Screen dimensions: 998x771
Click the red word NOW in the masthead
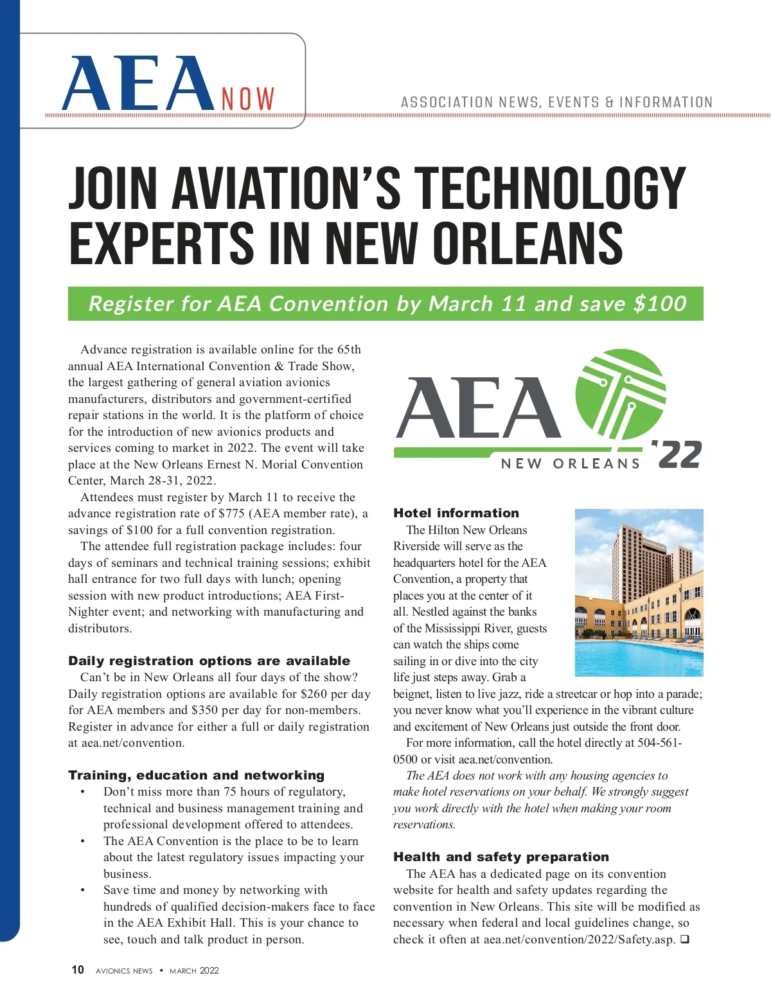point(248,100)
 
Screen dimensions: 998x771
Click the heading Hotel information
point(456,513)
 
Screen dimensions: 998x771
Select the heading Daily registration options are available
point(209,661)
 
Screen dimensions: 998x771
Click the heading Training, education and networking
point(197,775)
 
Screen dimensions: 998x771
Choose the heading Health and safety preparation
point(501,857)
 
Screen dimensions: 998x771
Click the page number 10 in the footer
point(78,970)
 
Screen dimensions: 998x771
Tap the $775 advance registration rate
point(231,513)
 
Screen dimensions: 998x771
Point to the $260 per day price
point(314,694)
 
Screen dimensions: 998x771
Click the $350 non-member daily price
point(205,710)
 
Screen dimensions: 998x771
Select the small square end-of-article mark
point(685,940)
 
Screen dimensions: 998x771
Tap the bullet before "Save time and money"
point(83,890)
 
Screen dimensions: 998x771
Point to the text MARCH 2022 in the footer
point(194,970)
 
